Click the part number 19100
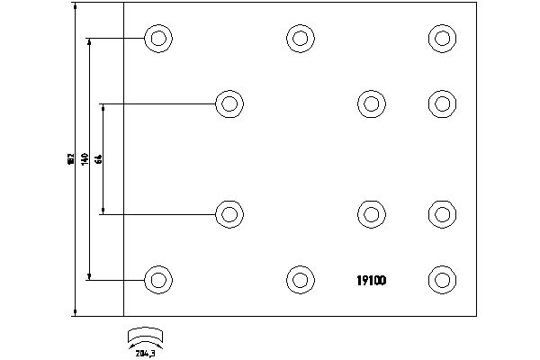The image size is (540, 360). (x=366, y=280)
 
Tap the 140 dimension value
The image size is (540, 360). (x=85, y=158)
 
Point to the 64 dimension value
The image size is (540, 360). (x=98, y=158)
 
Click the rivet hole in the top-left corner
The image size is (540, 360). (x=158, y=39)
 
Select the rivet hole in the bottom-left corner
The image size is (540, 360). (x=158, y=279)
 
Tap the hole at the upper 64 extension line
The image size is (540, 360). (x=229, y=103)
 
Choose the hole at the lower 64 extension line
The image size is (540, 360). (x=229, y=214)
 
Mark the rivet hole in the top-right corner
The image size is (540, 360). (x=441, y=38)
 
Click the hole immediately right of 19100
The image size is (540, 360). (x=441, y=279)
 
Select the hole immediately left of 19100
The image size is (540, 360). (x=300, y=279)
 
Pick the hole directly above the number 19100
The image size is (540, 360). (x=371, y=214)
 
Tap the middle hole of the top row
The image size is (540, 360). (x=300, y=38)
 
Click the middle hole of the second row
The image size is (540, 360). (x=371, y=103)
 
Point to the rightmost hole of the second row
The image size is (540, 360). (x=441, y=103)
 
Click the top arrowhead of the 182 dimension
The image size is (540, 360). (x=74, y=7)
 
